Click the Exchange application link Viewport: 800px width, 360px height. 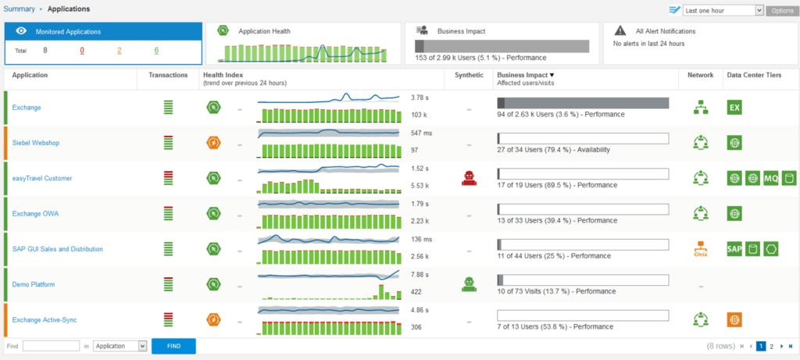[x=27, y=108]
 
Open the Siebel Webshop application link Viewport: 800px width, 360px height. [x=36, y=143]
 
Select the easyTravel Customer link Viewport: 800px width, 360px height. [x=42, y=178]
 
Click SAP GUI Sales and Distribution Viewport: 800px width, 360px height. [x=58, y=249]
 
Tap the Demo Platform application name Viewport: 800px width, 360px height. [x=34, y=285]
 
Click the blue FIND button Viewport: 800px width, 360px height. [x=173, y=346]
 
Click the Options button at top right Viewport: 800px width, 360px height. [x=781, y=10]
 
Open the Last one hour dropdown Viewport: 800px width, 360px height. [x=723, y=10]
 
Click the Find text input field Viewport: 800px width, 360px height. [x=52, y=346]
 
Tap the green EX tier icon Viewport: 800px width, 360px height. [x=734, y=108]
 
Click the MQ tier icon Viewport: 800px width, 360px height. [x=771, y=178]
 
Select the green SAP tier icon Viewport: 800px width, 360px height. [x=734, y=249]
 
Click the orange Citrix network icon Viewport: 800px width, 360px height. [x=700, y=249]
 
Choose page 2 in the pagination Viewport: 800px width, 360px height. [x=772, y=346]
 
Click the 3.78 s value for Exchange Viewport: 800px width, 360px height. [x=420, y=98]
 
